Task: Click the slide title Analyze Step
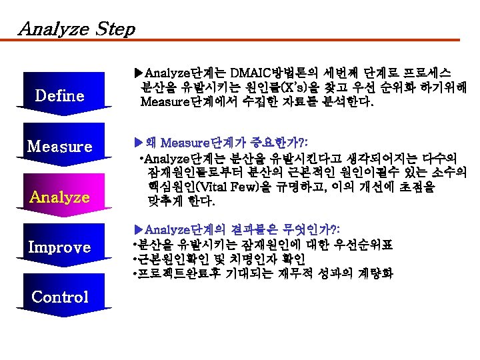pyautogui.click(x=77, y=29)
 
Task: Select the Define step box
pyautogui.click(x=60, y=95)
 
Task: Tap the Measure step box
pyautogui.click(x=60, y=146)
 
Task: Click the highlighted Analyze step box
pyautogui.click(x=60, y=197)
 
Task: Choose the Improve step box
pyautogui.click(x=60, y=247)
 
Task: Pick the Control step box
pyautogui.click(x=60, y=297)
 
